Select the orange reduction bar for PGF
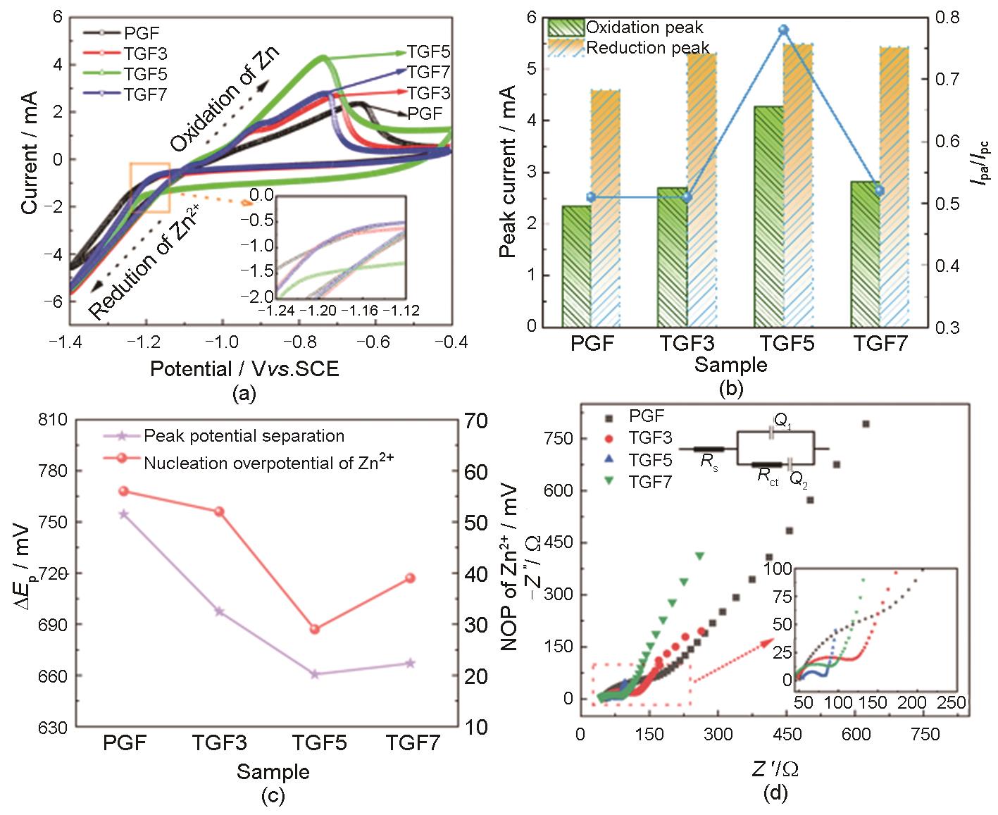(606, 208)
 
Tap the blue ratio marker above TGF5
(783, 30)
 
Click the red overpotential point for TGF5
(315, 629)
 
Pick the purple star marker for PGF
(124, 514)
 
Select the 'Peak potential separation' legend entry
(244, 436)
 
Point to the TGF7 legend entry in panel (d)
(650, 482)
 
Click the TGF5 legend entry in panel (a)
(145, 74)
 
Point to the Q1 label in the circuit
(781, 420)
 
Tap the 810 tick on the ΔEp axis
(54, 421)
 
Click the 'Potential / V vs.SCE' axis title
(244, 368)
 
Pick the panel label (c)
(272, 796)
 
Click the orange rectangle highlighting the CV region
(149, 187)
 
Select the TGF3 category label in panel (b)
(687, 344)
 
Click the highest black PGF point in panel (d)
(866, 424)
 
